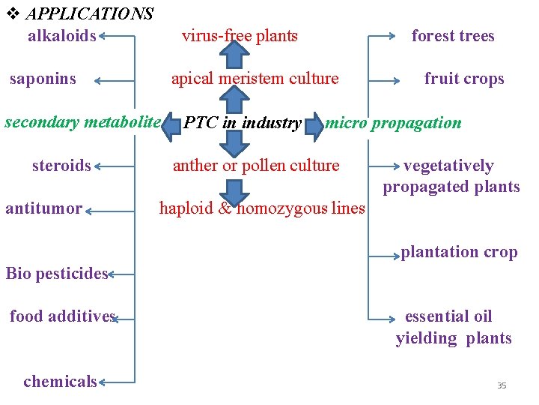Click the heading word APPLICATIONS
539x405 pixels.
tap(89, 13)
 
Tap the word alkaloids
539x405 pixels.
tap(61, 35)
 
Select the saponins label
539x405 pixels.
tap(43, 79)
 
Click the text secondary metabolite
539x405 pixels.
tap(82, 121)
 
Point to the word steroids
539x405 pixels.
tap(61, 165)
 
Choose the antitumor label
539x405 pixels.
tap(43, 208)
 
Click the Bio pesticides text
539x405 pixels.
tap(57, 274)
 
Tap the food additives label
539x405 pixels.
tap(62, 316)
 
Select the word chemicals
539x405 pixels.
tap(60, 381)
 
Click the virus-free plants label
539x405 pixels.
tap(240, 35)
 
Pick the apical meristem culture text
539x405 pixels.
tap(255, 79)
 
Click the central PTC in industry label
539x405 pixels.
tap(243, 123)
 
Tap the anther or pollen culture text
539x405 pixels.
tap(256, 165)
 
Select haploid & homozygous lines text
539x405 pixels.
tap(262, 208)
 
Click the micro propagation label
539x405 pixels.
tap(393, 123)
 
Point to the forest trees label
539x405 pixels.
tap(453, 35)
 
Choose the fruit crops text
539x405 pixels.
tap(464, 79)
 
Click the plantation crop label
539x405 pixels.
tap(459, 252)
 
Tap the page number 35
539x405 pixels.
tap(502, 385)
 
